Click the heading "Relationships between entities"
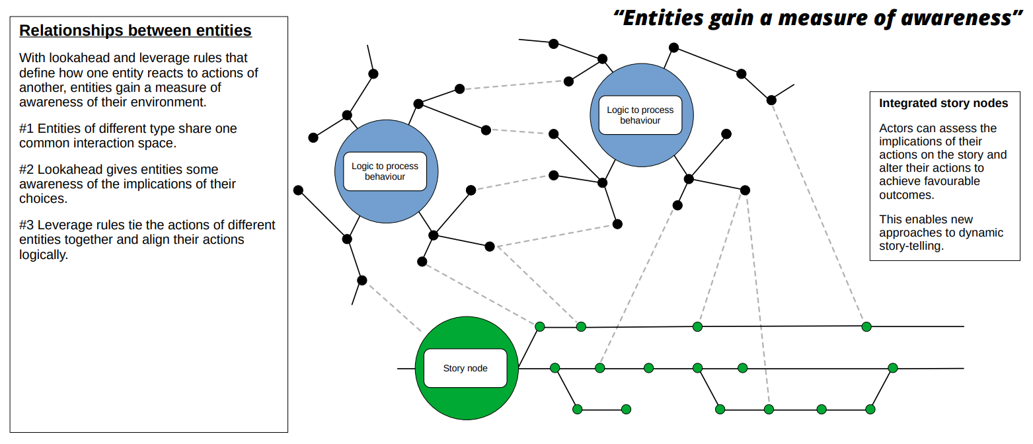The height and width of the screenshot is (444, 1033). [135, 30]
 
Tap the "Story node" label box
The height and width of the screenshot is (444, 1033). [465, 368]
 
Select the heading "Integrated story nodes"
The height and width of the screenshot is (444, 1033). [943, 103]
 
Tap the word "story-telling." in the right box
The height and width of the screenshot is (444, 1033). [913, 246]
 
